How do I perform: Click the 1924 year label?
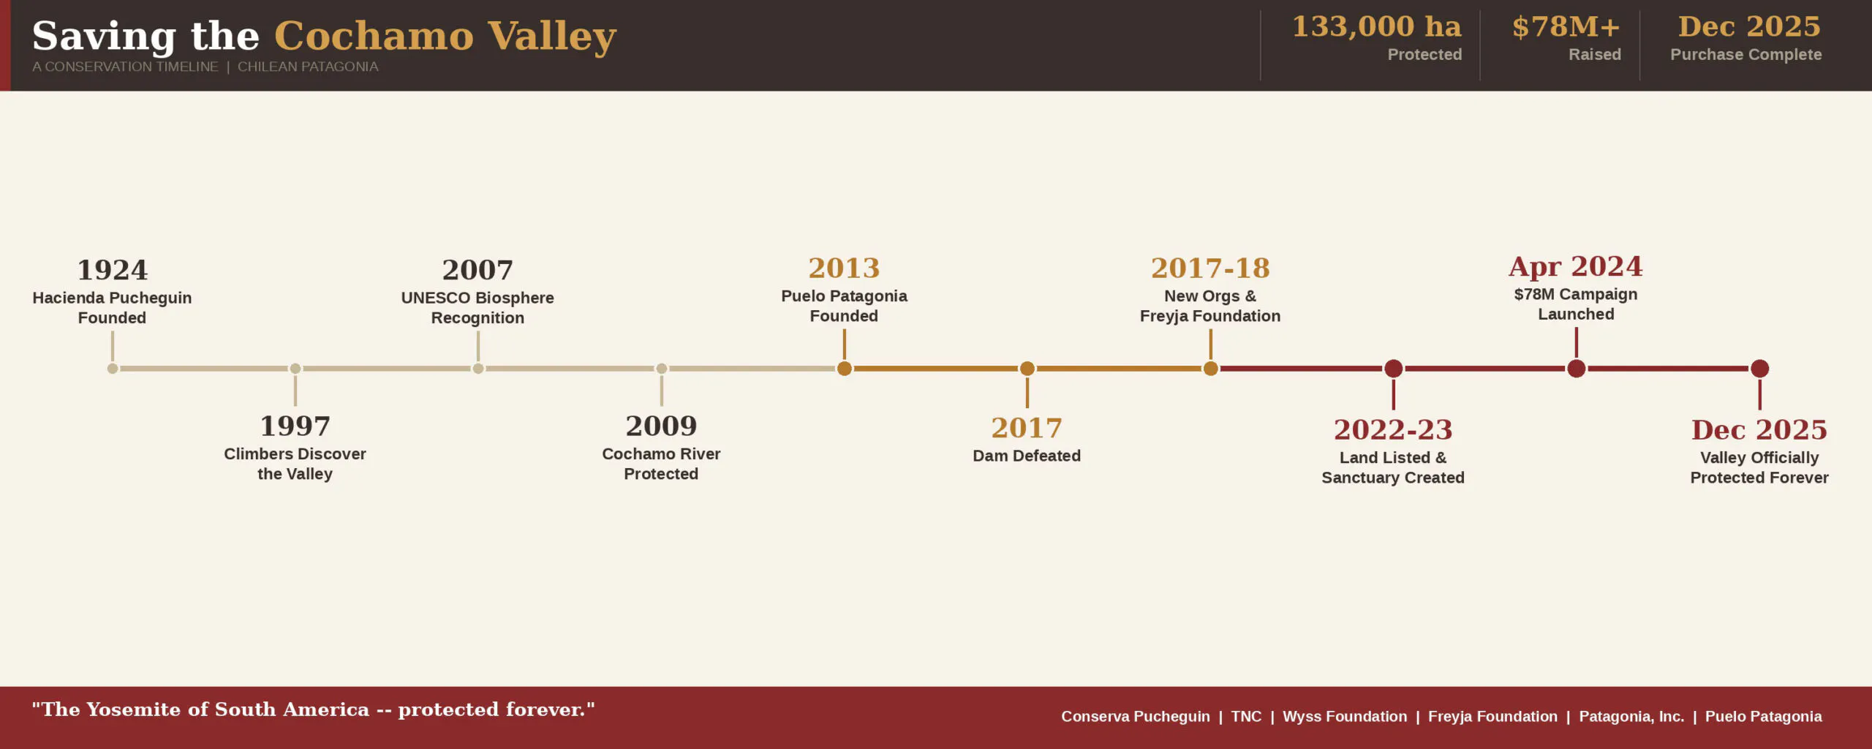coord(113,270)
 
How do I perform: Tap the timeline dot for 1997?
coord(295,369)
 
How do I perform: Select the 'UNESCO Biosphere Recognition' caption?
coord(478,308)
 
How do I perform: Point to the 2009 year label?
coord(661,426)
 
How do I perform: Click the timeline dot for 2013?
coord(845,369)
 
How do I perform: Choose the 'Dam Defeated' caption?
coord(1027,456)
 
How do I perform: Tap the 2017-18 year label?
coord(1210,268)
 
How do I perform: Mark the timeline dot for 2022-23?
coord(1394,369)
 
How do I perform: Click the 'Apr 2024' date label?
coord(1576,266)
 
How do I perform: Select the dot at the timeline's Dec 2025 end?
coord(1760,369)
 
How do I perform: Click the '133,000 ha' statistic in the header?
coord(1376,26)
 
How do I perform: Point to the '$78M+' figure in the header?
coord(1566,27)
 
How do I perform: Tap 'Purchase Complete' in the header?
coord(1746,55)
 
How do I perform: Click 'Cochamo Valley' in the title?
coord(445,37)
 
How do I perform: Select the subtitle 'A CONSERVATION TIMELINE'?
coord(125,67)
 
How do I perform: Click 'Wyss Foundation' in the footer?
coord(1345,717)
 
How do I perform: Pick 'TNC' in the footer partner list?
coord(1246,717)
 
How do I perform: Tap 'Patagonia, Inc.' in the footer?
coord(1631,717)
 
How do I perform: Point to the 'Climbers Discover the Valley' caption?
coord(295,464)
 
